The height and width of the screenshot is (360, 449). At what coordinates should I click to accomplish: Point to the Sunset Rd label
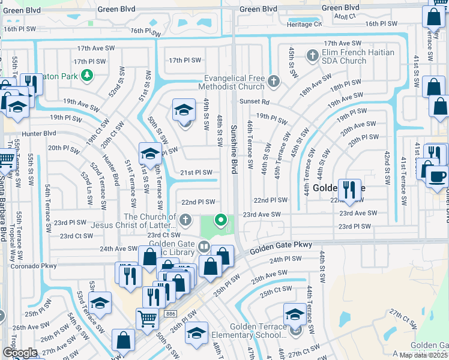point(256,102)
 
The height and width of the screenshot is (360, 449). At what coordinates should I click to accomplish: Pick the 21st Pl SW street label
point(197,172)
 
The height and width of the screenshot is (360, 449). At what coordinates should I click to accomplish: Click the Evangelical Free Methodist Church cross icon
point(274,80)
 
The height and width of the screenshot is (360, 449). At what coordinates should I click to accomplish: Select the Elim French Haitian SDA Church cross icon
point(312,56)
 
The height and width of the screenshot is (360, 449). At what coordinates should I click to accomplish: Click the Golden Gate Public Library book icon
point(204,247)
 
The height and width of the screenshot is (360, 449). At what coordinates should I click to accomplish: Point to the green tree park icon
point(88,75)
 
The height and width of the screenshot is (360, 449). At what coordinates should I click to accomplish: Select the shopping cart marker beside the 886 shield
point(147,318)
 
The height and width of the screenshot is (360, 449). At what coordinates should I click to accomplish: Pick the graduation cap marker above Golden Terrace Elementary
point(295,313)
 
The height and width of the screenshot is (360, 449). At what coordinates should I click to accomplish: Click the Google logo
point(19,353)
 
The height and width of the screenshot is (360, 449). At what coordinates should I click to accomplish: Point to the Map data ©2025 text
point(424,355)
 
